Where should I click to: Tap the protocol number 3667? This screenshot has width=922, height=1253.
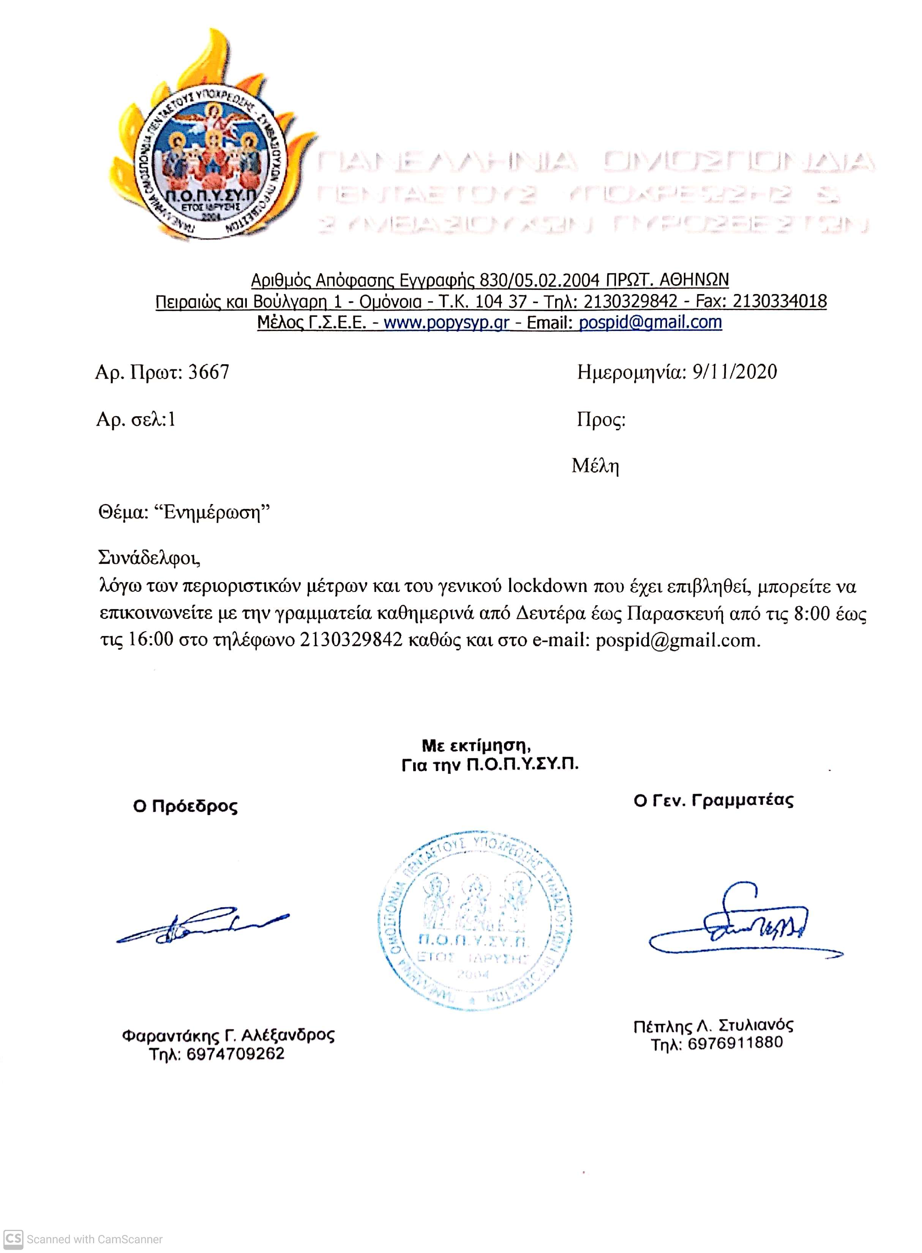tap(209, 372)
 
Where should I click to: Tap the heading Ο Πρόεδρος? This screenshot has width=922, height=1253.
tap(185, 806)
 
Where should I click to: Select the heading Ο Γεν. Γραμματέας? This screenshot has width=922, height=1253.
tap(713, 801)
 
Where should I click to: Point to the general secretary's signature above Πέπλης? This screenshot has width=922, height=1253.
tap(737, 926)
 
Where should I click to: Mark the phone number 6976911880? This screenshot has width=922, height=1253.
tap(735, 1043)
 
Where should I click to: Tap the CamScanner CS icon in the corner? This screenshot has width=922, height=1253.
tap(13, 1239)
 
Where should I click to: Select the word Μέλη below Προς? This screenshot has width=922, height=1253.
tap(595, 466)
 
